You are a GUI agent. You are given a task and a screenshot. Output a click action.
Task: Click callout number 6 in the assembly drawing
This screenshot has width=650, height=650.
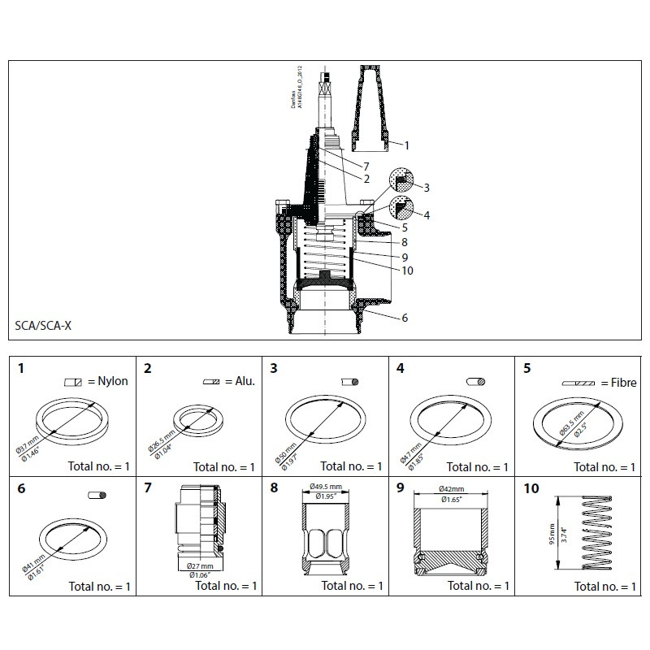pos(404,318)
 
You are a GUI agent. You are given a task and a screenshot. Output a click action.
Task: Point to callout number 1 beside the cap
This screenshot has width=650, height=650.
pos(406,145)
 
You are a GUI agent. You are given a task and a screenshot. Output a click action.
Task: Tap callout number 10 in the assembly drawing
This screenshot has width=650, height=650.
pos(407,271)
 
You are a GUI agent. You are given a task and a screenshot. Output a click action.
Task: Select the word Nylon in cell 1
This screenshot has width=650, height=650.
pos(113,381)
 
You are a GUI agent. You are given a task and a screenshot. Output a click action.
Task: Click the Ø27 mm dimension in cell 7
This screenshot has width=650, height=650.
pos(199,565)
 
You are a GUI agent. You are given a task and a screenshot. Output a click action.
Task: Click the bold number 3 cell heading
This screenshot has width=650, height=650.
pos(274,368)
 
